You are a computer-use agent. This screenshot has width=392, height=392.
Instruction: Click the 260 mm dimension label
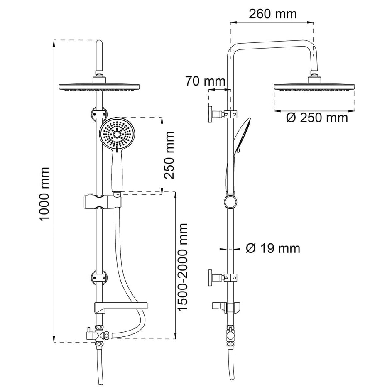click(x=273, y=14)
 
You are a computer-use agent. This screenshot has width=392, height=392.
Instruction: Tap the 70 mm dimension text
click(x=205, y=81)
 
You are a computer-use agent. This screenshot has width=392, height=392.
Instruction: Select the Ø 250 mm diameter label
click(x=317, y=118)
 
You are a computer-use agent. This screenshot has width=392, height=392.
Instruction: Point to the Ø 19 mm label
click(x=273, y=248)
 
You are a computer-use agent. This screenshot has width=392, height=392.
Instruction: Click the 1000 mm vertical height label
click(x=44, y=194)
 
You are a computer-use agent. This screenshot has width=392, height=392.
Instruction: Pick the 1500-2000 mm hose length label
click(x=182, y=267)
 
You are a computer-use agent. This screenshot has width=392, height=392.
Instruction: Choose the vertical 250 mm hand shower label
click(x=169, y=155)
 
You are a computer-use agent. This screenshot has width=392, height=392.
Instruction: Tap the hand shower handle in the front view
click(x=117, y=172)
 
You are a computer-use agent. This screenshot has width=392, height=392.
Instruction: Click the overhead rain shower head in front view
click(x=99, y=86)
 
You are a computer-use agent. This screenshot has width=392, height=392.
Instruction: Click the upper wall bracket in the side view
click(x=223, y=114)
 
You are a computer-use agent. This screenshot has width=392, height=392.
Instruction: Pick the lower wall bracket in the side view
click(x=223, y=277)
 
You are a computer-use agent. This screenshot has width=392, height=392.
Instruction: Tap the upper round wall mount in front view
click(x=99, y=114)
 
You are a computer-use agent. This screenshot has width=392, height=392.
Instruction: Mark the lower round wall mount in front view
click(x=99, y=277)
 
